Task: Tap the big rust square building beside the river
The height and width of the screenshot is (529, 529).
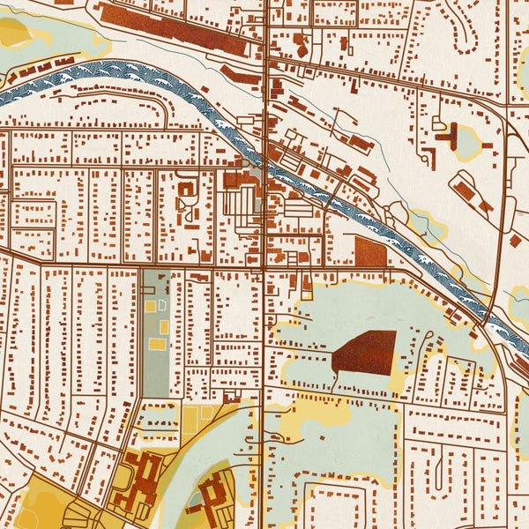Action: (370, 251)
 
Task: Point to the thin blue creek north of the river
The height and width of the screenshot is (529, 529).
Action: (353, 132)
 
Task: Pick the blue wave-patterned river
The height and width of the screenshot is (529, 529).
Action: (106, 75)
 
